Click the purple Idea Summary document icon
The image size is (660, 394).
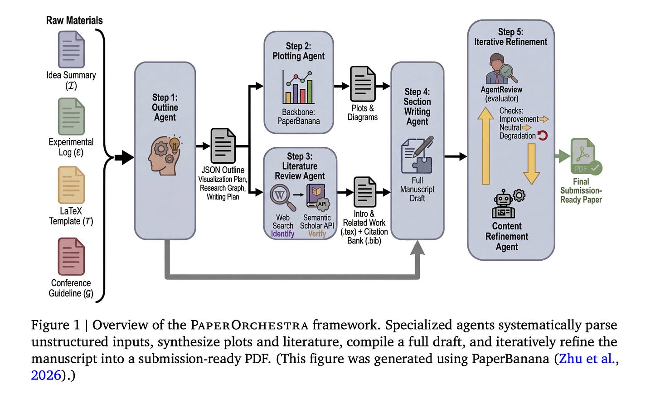[x=71, y=49]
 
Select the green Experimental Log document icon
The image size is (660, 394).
[x=71, y=117]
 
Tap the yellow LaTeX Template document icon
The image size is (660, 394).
[x=71, y=185]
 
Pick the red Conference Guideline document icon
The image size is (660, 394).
[x=71, y=257]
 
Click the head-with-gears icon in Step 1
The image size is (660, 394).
[x=165, y=155]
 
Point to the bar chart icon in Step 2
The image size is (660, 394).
[x=298, y=87]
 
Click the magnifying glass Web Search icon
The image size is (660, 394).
[x=283, y=197]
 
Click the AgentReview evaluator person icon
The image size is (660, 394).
[x=501, y=68]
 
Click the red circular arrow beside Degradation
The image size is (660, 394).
[x=543, y=135]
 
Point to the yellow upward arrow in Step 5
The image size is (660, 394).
[x=485, y=146]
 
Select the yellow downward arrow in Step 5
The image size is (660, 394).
[x=532, y=164]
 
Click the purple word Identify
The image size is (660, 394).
[x=282, y=234]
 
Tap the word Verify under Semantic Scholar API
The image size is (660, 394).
[x=317, y=234]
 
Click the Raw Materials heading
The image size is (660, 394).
[x=74, y=20]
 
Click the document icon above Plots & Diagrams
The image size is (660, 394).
[x=363, y=84]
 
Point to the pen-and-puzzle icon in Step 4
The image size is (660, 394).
[x=417, y=155]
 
